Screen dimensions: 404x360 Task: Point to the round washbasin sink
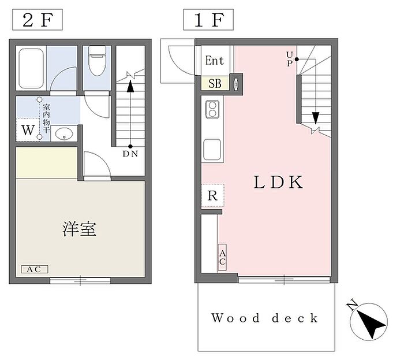(63, 134)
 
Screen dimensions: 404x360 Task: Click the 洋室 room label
(78, 229)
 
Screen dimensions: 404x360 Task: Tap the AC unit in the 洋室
(35, 269)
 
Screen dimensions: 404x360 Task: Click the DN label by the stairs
(130, 154)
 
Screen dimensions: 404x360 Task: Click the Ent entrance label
(215, 61)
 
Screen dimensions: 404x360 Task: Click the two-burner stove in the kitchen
(212, 109)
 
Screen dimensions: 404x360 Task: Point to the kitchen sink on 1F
(212, 150)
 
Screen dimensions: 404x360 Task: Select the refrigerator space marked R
(212, 196)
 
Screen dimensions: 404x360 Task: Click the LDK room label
(278, 182)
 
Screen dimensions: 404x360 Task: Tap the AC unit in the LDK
(222, 257)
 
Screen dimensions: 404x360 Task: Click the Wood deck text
(264, 318)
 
